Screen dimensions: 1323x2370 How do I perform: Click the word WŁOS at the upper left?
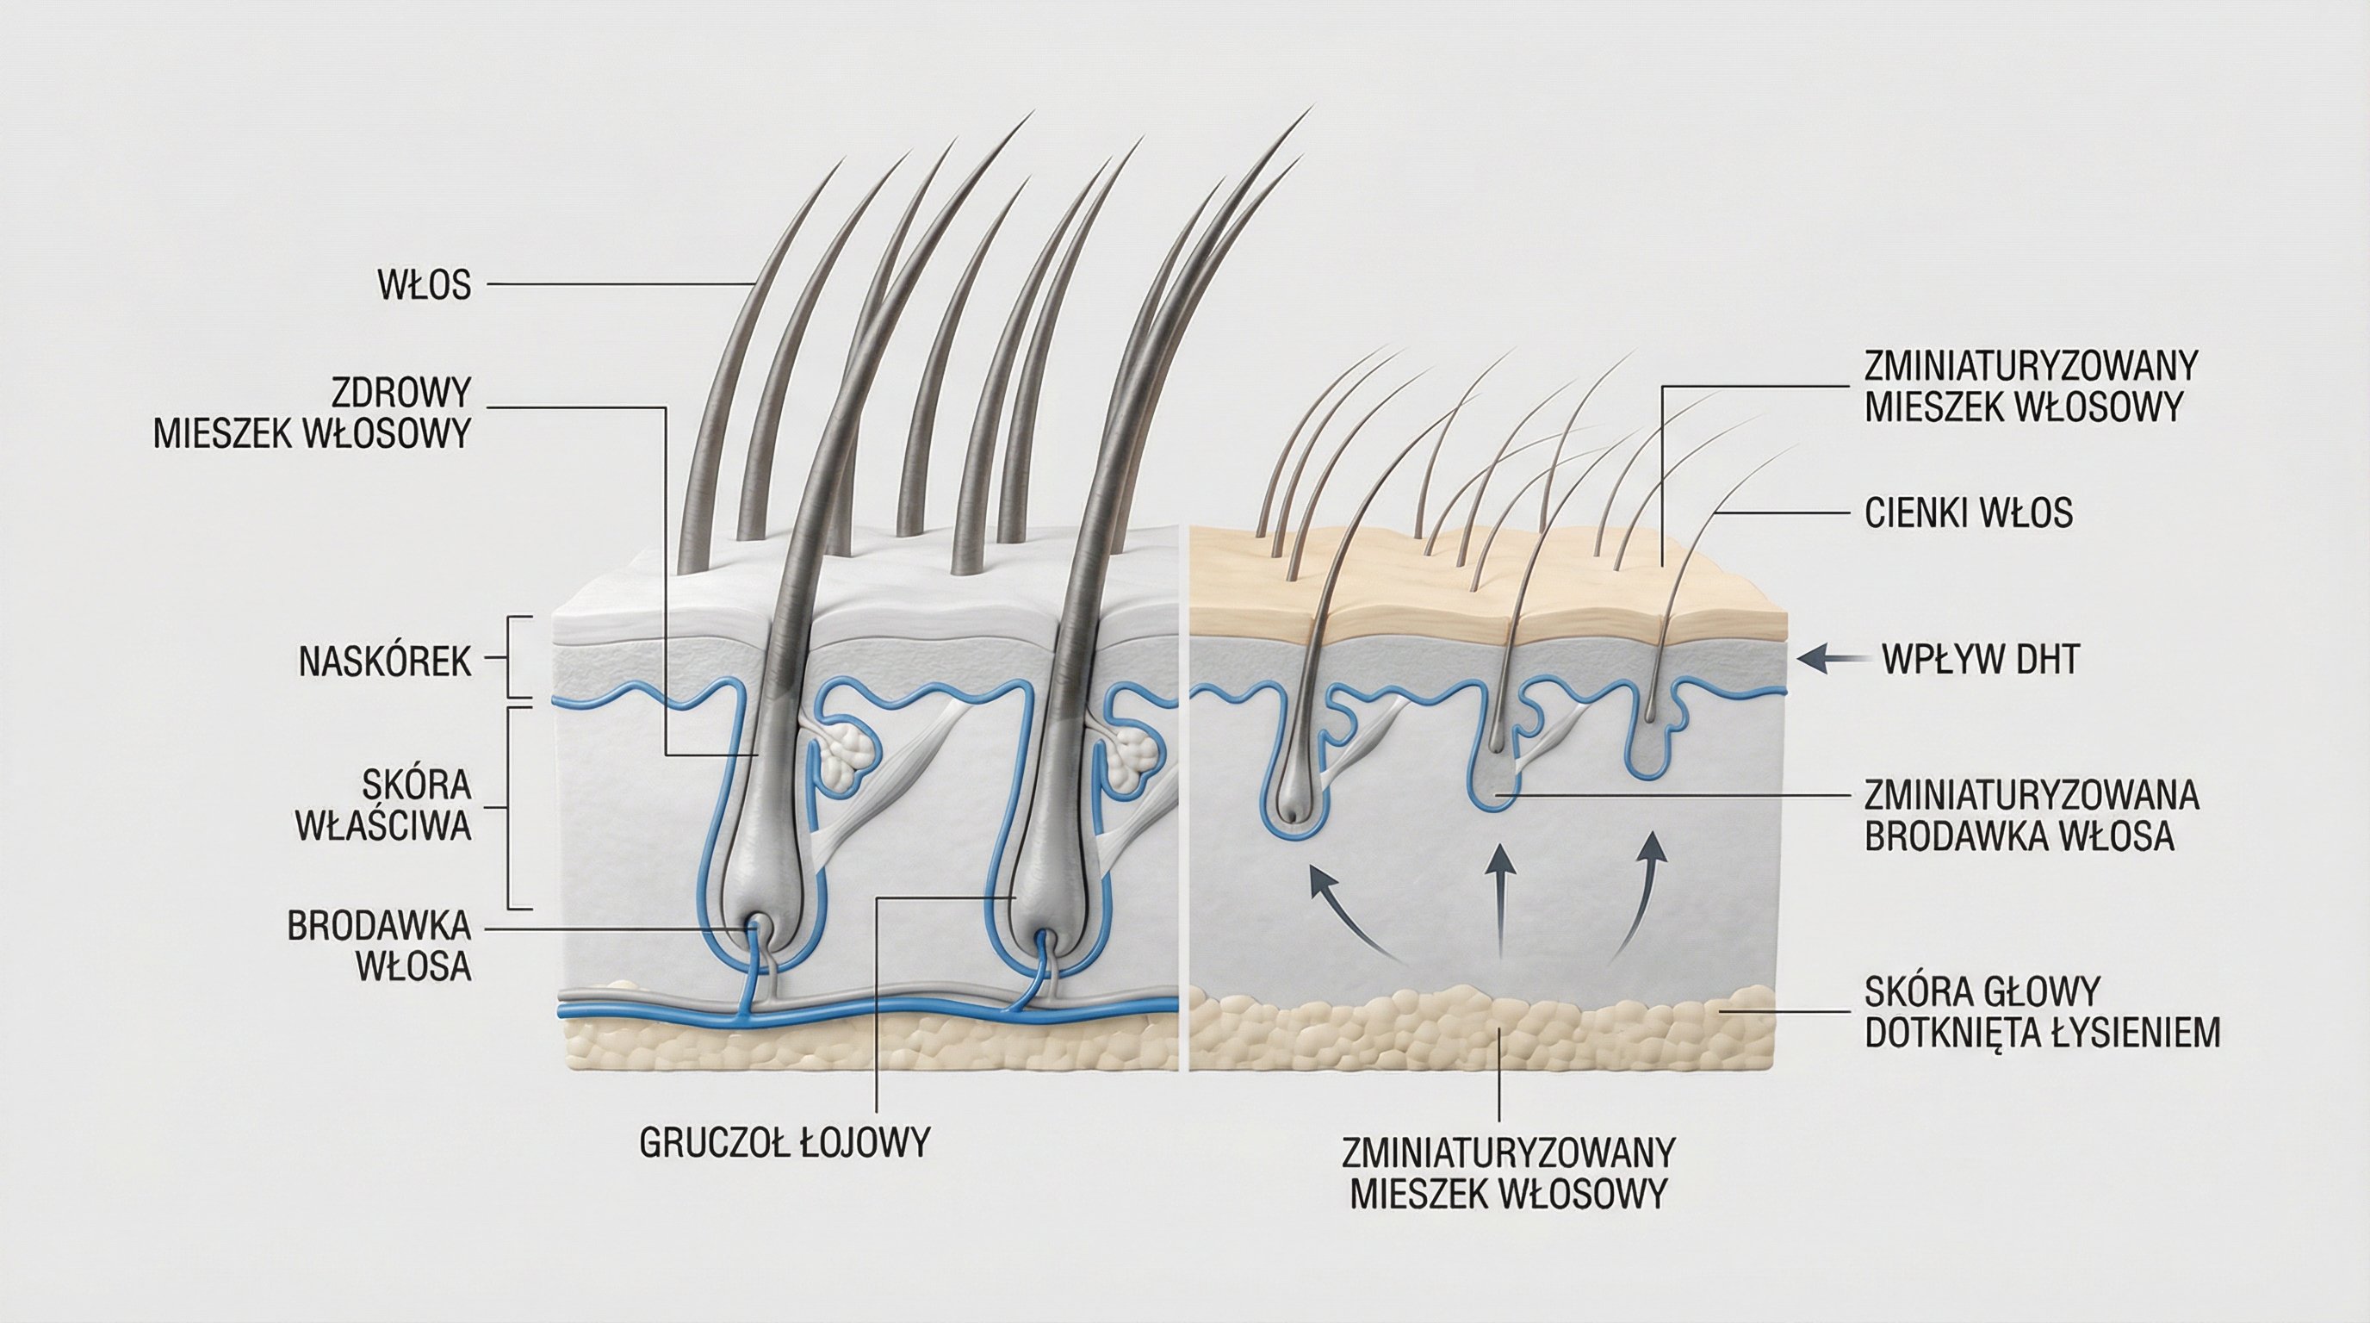click(x=424, y=286)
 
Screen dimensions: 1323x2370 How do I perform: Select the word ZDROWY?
click(x=401, y=394)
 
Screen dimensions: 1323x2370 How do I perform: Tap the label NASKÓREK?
click(x=385, y=662)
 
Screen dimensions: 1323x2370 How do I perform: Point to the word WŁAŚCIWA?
click(x=382, y=827)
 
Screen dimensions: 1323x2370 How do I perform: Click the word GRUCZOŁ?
click(x=714, y=1143)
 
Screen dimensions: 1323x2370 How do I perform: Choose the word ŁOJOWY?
click(x=864, y=1143)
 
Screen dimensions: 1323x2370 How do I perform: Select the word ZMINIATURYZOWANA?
click(x=2032, y=795)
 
